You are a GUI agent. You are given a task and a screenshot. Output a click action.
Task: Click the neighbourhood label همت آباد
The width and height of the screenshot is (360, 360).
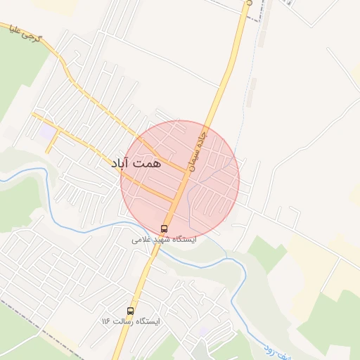tap(136, 162)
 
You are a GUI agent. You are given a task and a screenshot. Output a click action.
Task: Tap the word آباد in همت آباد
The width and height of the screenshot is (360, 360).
tap(122, 162)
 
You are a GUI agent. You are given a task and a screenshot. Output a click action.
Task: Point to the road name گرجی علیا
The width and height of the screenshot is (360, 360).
tap(26, 33)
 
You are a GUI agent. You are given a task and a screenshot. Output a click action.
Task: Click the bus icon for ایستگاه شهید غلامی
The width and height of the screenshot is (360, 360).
tap(165, 229)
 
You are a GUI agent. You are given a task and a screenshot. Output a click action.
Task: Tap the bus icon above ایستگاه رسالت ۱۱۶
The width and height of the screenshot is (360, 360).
tap(130, 310)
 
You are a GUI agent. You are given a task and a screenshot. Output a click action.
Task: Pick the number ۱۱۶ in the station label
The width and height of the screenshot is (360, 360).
tap(106, 321)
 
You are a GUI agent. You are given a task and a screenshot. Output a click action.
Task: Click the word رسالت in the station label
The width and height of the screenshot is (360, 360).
tap(122, 321)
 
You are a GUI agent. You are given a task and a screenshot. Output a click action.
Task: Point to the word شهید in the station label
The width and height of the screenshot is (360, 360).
tap(164, 240)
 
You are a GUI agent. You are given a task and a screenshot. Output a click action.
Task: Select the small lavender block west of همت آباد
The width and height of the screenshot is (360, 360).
tap(46, 131)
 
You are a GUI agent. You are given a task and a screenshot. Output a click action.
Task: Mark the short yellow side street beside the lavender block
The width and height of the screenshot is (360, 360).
tap(51, 143)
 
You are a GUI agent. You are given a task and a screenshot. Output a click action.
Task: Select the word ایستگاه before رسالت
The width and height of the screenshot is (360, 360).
tap(147, 321)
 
